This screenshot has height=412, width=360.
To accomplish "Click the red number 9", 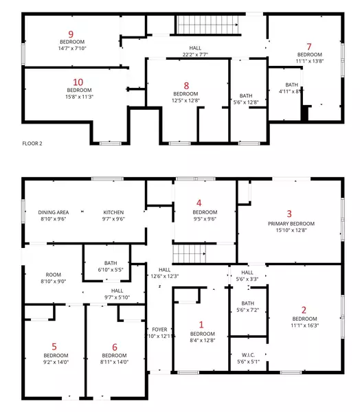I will [x=71, y=33].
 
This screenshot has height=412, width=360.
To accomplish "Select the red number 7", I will [x=309, y=46].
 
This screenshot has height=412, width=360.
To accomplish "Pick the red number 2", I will [x=304, y=310].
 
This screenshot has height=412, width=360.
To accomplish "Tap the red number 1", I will [x=201, y=325].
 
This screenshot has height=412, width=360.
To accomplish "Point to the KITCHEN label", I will [x=113, y=212].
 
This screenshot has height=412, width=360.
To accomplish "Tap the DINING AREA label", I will [x=53, y=212].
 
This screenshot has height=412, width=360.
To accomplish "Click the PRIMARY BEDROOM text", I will [x=291, y=224].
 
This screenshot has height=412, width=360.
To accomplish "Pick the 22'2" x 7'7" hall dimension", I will [x=196, y=54].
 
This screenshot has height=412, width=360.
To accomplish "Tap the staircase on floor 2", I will [x=209, y=26].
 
